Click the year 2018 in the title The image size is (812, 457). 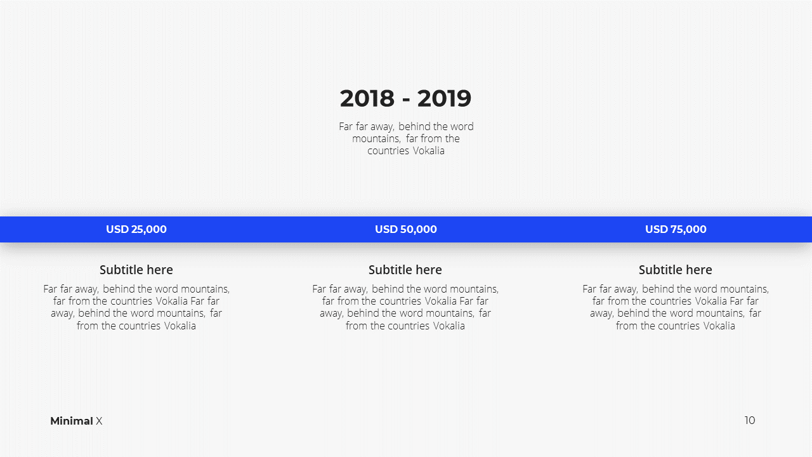(x=367, y=98)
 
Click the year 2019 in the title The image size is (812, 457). (x=444, y=98)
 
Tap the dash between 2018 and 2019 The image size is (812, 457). (x=406, y=100)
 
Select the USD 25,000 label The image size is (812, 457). (x=136, y=229)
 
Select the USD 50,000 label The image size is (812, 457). (x=405, y=229)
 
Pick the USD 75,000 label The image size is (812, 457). (x=676, y=229)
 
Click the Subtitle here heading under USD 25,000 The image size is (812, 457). (x=136, y=270)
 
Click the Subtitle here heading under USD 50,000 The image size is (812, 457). (x=405, y=270)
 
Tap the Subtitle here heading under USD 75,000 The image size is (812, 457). (x=676, y=270)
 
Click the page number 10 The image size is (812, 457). (x=750, y=420)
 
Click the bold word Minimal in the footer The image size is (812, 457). (x=72, y=421)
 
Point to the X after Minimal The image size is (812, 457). (x=99, y=421)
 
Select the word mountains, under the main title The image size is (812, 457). (x=376, y=138)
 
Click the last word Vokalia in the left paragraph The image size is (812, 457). (x=180, y=326)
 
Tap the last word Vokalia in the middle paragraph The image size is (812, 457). (x=449, y=326)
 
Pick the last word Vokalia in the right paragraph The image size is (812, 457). (x=719, y=326)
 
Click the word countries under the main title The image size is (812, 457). (x=388, y=150)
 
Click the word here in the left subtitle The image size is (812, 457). (x=160, y=270)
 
